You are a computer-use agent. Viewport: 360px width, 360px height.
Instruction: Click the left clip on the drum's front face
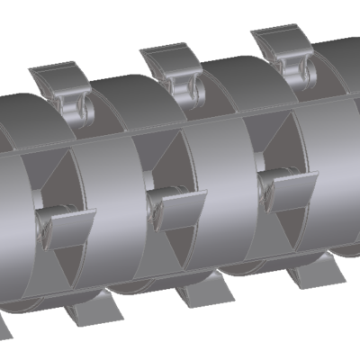point(67,225)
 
